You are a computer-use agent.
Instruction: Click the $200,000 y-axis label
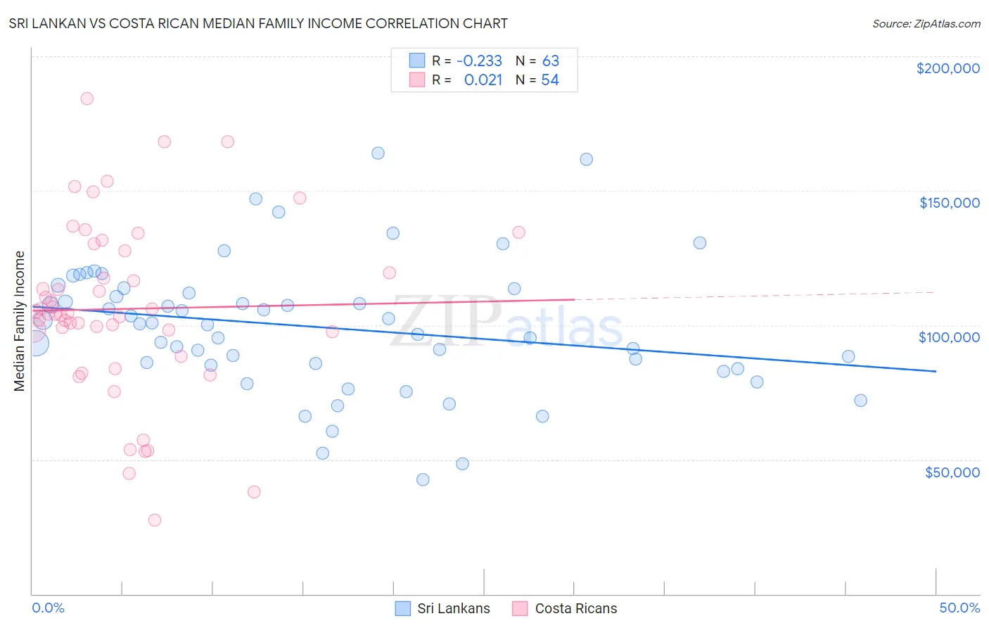click(947, 68)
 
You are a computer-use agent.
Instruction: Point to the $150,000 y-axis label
click(949, 203)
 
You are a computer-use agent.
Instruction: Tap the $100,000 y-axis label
click(949, 337)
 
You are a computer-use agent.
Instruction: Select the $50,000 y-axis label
click(952, 472)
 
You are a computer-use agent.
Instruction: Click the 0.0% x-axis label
click(48, 608)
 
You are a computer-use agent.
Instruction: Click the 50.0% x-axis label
click(959, 608)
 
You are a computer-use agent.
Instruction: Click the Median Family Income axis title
click(20, 321)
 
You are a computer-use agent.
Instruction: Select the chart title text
click(258, 23)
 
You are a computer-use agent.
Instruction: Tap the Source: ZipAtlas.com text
click(926, 24)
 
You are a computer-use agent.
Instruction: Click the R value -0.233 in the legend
click(479, 61)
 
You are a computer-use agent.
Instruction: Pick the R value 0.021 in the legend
click(483, 80)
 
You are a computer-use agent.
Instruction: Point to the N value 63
click(550, 61)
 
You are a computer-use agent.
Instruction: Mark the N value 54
click(549, 80)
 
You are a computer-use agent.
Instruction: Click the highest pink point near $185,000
click(87, 99)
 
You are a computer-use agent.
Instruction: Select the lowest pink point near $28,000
click(155, 520)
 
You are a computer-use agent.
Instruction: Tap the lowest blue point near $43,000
click(423, 479)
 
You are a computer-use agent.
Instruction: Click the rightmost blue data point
click(860, 401)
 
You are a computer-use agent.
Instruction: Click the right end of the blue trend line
click(936, 371)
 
